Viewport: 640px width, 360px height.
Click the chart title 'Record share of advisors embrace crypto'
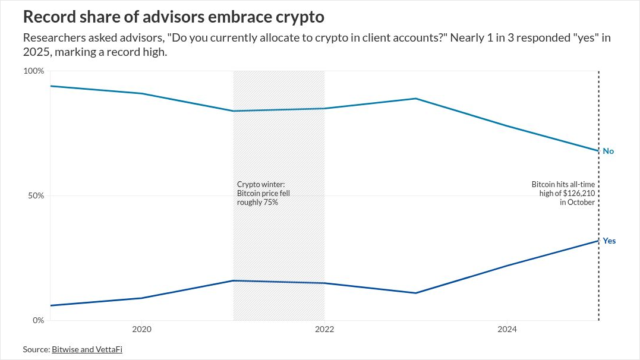[174, 17]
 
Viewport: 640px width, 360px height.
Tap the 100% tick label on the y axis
[33, 71]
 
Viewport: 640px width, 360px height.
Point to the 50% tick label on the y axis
[36, 195]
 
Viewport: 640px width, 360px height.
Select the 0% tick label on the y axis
[38, 320]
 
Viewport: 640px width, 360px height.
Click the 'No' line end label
[609, 151]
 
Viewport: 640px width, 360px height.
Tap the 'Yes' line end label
[609, 241]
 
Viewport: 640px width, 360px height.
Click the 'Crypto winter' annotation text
[261, 185]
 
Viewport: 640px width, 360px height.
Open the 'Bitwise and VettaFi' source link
[91, 349]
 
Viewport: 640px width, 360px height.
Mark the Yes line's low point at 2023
[416, 293]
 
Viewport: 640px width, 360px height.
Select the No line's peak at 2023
[416, 99]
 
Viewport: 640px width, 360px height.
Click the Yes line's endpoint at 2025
[598, 241]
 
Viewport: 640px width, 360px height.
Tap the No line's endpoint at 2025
[598, 151]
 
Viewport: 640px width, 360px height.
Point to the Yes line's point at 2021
[233, 280]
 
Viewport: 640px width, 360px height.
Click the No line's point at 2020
[141, 93]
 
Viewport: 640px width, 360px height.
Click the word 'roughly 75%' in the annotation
[257, 203]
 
